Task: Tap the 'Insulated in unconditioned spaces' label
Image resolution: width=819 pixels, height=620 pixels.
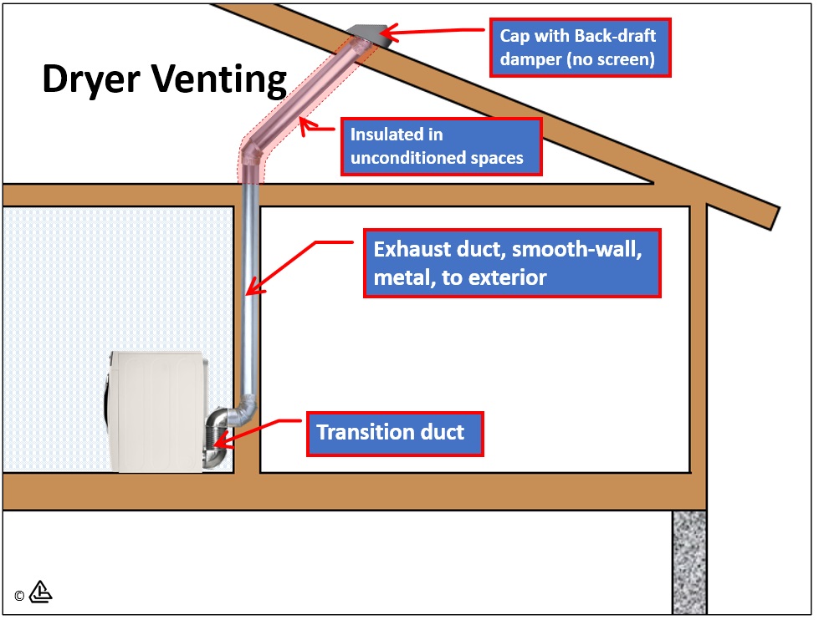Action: pyautogui.click(x=441, y=146)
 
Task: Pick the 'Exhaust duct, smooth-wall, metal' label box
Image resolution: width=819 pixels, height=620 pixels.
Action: pyautogui.click(x=512, y=263)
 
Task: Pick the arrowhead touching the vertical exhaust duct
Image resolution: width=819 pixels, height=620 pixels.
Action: pyautogui.click(x=252, y=290)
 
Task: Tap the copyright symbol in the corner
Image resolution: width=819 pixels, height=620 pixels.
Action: pyautogui.click(x=19, y=596)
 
